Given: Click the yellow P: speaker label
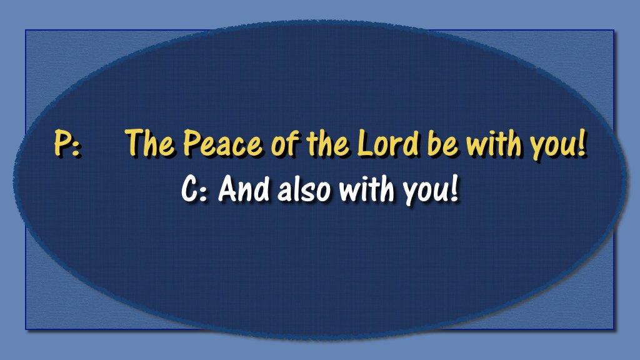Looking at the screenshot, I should [x=66, y=144].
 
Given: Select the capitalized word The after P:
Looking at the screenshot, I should [x=150, y=143].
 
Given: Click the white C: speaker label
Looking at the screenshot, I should [x=194, y=189].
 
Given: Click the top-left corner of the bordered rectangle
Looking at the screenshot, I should [x=26, y=30].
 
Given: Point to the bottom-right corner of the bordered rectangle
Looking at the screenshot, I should [x=614, y=329].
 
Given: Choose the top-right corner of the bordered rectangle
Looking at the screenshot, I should [x=614, y=30].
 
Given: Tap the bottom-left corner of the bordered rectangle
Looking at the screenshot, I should [x=26, y=329].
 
